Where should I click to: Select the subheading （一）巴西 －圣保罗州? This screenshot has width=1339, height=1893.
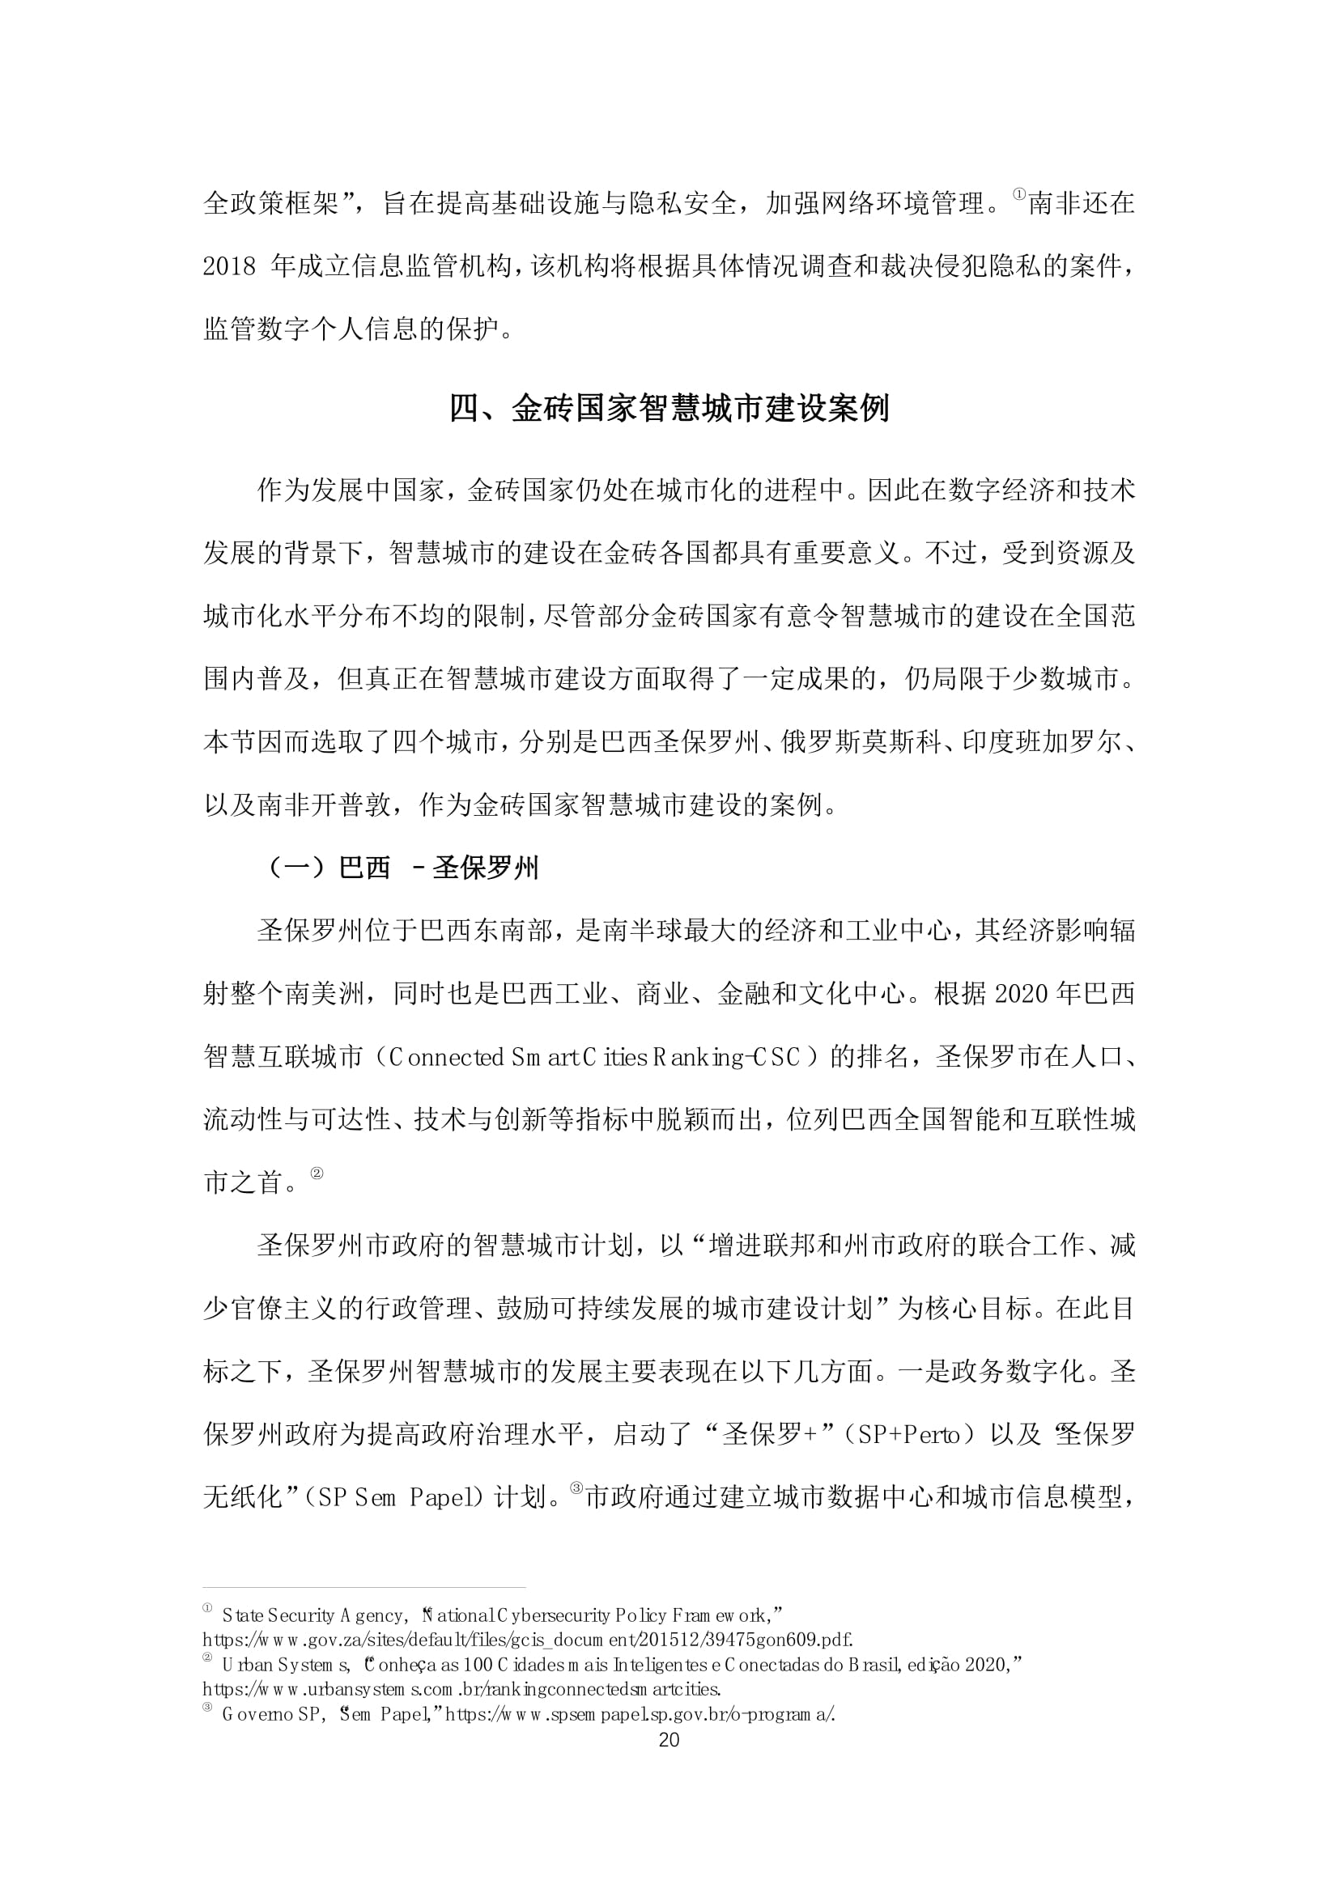pos(403,868)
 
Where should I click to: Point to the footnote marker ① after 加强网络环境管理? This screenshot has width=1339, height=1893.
pos(1019,195)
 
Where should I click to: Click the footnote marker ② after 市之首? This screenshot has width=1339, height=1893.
pos(317,1173)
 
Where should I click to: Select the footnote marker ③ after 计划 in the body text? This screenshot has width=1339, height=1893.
pos(576,1488)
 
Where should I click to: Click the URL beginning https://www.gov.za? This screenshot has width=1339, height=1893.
pos(528,1639)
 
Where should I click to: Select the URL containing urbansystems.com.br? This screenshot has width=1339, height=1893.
pos(462,1689)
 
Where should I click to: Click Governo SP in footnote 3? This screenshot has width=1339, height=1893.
pos(270,1715)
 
